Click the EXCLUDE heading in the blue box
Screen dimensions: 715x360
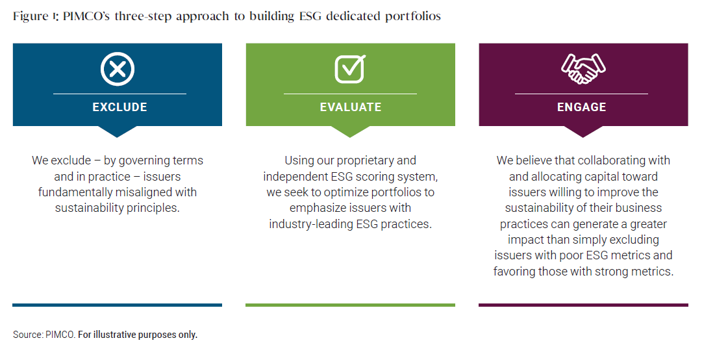pos(120,107)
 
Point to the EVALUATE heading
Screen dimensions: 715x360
pos(351,107)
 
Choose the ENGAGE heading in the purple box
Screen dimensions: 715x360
pos(582,107)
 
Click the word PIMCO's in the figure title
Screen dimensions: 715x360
pos(86,16)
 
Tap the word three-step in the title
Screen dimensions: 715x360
pos(143,17)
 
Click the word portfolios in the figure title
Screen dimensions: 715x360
pos(412,17)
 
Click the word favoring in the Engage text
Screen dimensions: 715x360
pos(514,272)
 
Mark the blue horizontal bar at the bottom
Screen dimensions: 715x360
pos(117,305)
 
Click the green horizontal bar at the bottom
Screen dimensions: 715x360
pos(350,305)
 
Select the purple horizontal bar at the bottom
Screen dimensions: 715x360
pos(583,305)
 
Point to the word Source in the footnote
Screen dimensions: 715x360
pos(28,335)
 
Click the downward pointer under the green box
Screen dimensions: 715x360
pos(350,131)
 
